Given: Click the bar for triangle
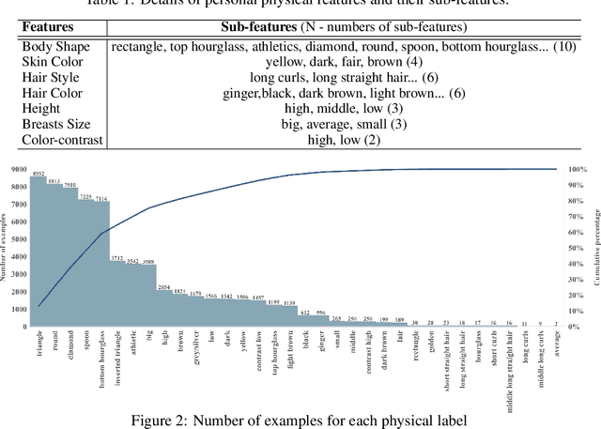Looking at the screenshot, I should (x=39, y=253).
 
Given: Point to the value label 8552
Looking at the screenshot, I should (x=39, y=175).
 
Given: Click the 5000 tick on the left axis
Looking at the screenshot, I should (x=19, y=239).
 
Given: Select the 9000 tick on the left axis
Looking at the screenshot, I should (x=19, y=169).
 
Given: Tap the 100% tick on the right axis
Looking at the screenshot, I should (x=578, y=169).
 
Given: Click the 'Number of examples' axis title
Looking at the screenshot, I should (x=6, y=248).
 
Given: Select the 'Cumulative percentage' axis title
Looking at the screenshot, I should (x=595, y=248).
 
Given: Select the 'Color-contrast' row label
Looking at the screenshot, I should (x=61, y=140).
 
